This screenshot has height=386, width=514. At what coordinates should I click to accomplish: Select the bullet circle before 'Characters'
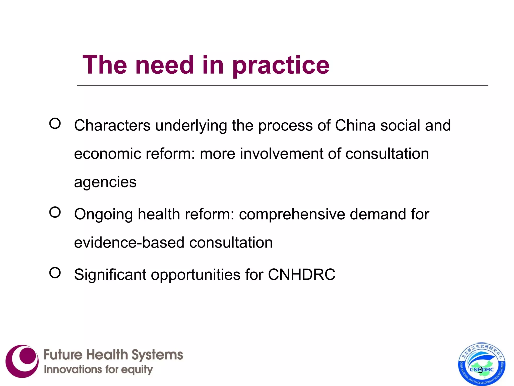point(55,124)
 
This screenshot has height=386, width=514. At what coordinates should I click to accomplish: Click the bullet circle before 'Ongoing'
point(55,212)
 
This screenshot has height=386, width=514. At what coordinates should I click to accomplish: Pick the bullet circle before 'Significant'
point(55,273)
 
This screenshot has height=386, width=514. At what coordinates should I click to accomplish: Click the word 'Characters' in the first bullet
point(112,125)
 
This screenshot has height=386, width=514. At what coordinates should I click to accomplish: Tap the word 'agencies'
point(105,182)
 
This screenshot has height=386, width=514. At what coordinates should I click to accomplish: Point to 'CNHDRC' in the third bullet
point(301,274)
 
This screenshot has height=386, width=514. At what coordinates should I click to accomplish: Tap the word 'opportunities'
point(196,275)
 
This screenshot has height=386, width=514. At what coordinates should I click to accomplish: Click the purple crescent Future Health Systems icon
point(22,361)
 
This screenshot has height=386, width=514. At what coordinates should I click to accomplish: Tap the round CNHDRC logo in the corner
point(482,364)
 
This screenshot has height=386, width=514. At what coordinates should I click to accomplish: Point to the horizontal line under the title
point(282,86)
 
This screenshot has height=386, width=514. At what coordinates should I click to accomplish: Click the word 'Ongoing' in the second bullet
point(104,215)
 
